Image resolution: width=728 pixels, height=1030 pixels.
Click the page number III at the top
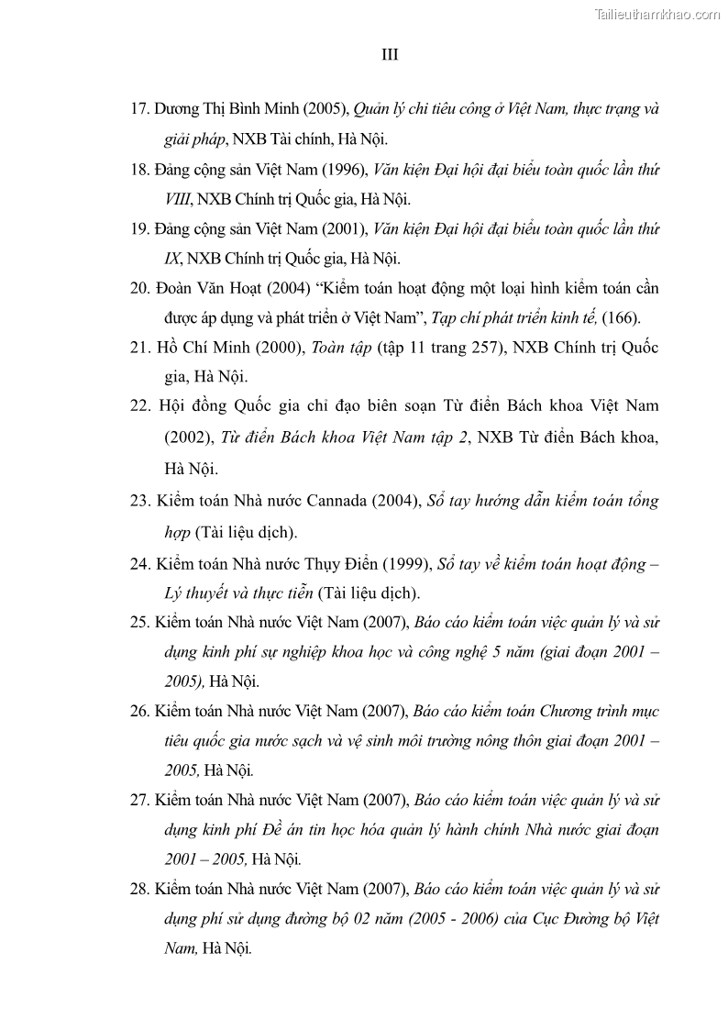coord(390,55)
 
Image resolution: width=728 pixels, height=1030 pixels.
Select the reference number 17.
coord(139,108)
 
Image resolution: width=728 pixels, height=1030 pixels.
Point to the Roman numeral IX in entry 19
coord(172,259)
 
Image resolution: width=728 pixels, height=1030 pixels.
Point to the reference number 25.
coord(139,623)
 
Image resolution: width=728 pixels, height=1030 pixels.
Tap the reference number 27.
coord(139,800)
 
